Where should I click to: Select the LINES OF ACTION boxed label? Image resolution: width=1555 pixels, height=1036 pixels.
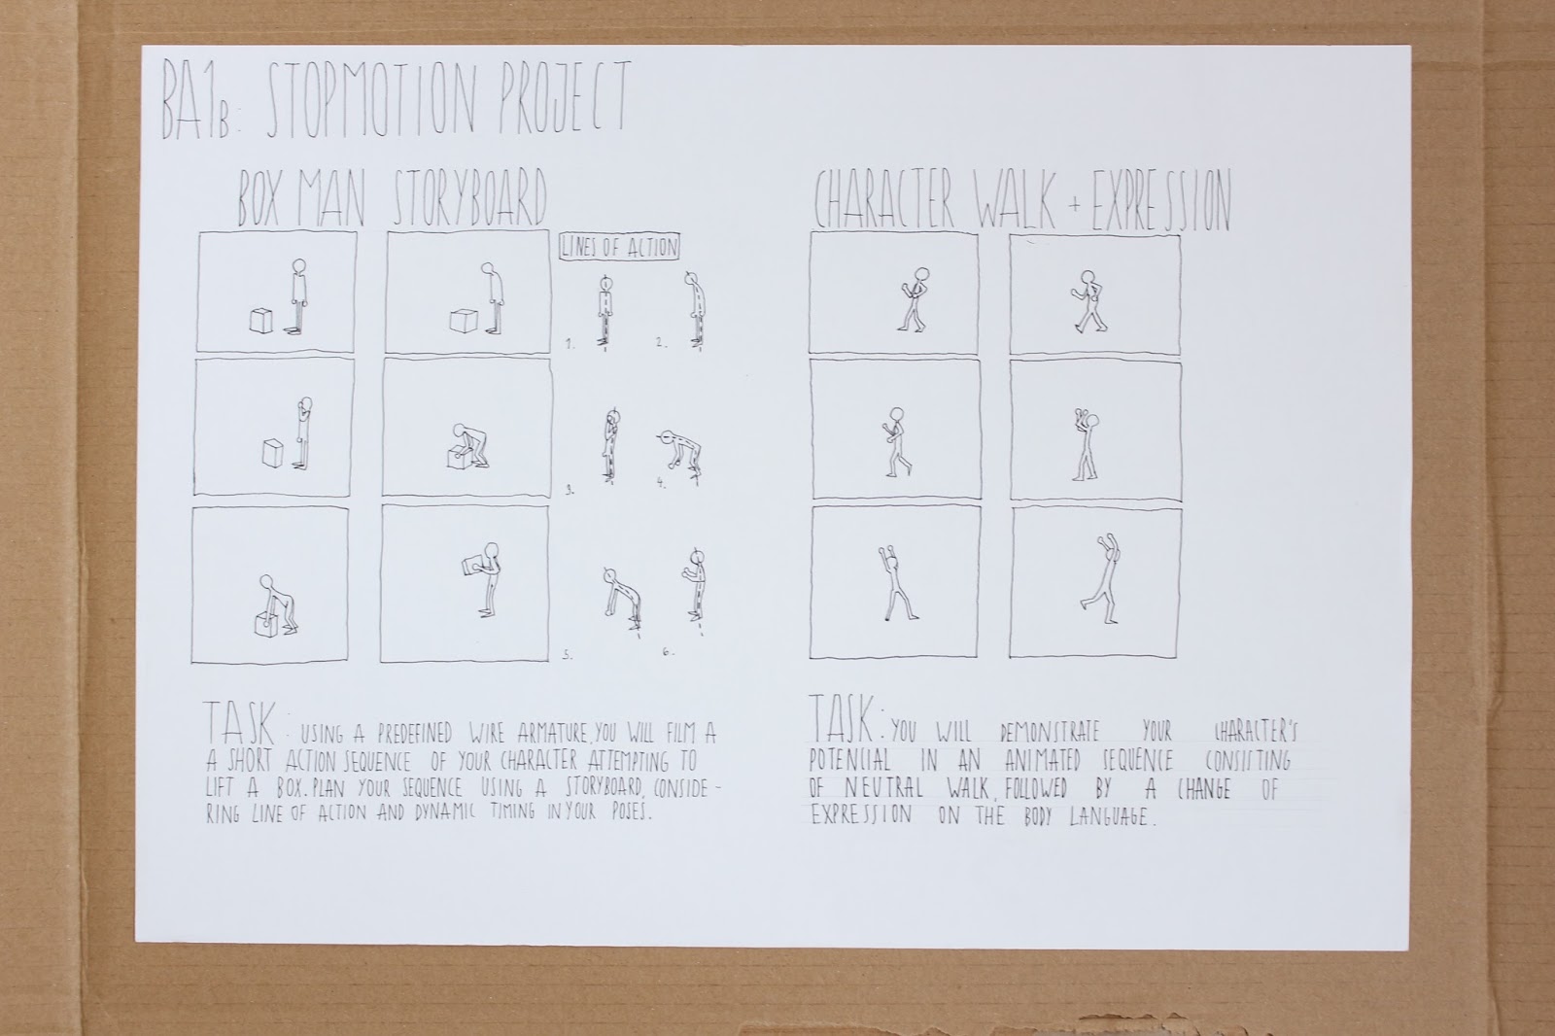point(619,247)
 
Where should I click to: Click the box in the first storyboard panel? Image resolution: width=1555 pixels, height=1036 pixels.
point(261,322)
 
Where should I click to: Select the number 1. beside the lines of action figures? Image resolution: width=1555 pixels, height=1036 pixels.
point(570,344)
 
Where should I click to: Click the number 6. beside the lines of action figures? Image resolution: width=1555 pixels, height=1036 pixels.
point(668,651)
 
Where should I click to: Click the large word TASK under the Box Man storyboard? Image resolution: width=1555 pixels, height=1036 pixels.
point(239,723)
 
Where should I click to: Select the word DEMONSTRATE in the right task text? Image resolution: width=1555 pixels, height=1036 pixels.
point(1051,732)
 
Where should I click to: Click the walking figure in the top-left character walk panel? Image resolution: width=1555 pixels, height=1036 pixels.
point(913,299)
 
